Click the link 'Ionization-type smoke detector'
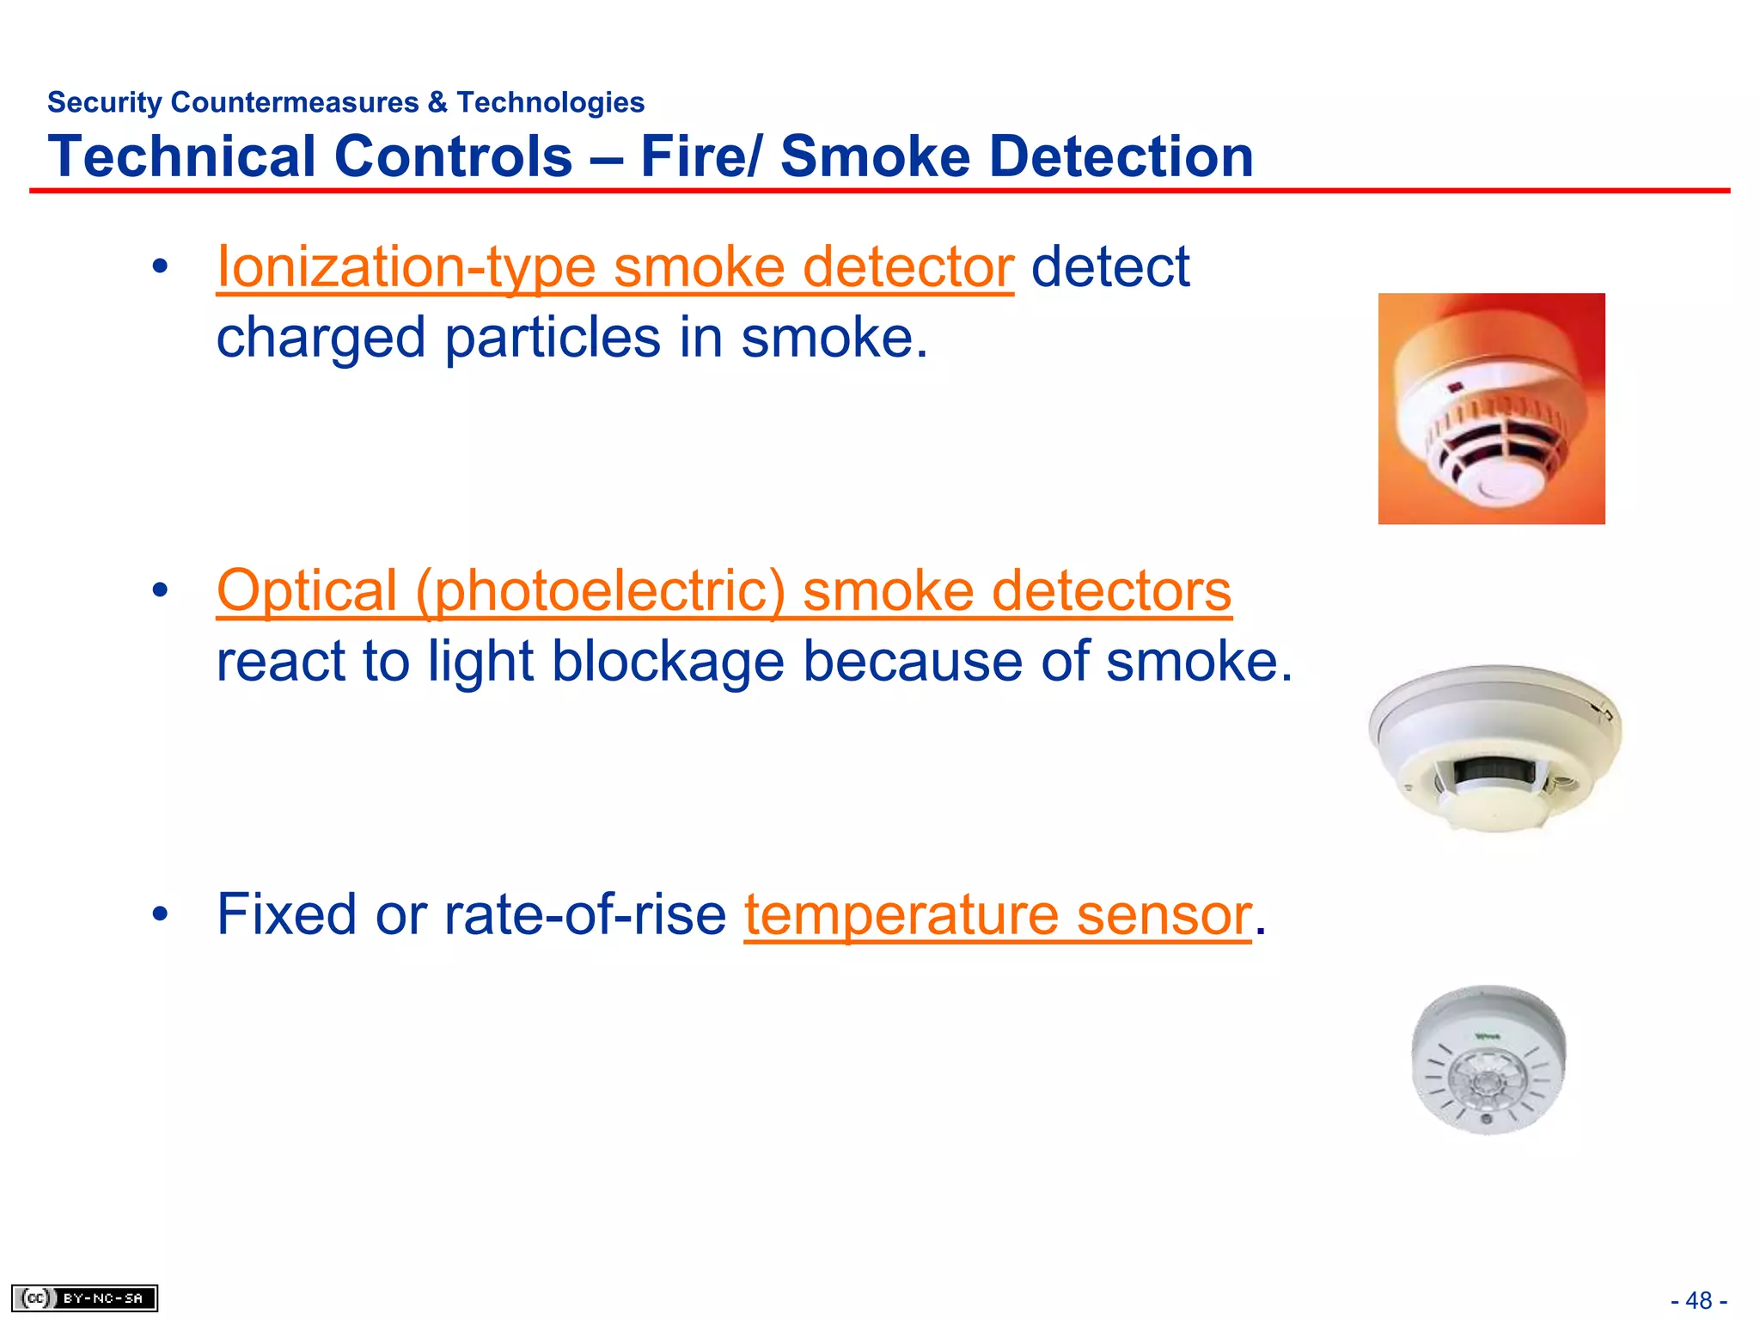[614, 267]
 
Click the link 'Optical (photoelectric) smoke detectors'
[724, 591]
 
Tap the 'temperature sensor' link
[997, 914]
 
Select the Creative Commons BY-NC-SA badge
[84, 1298]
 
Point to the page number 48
[1698, 1300]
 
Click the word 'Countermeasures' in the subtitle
[295, 102]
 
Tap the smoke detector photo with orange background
[1491, 408]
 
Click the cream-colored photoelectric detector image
[1494, 748]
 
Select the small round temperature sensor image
[1488, 1060]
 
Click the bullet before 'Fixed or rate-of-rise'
[160, 914]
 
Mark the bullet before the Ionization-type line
[160, 267]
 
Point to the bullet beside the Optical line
[160, 591]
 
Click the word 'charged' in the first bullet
[321, 338]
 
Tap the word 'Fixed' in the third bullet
[286, 914]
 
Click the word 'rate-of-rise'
[584, 914]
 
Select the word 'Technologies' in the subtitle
[550, 102]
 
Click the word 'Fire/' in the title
[700, 156]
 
